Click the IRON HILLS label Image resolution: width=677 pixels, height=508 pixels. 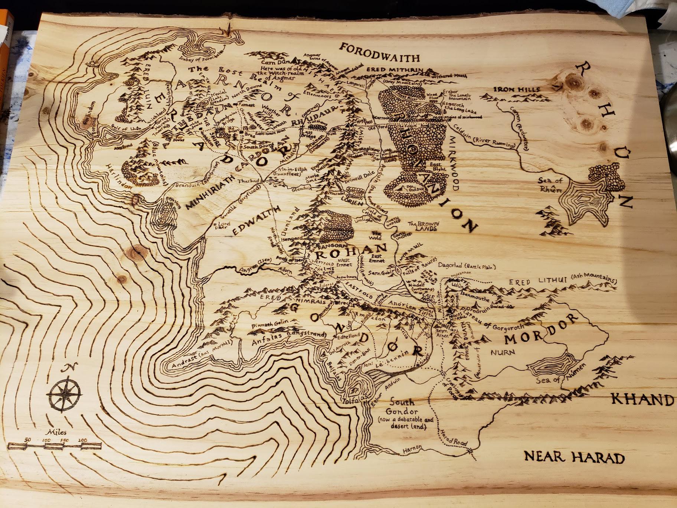click(x=516, y=89)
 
